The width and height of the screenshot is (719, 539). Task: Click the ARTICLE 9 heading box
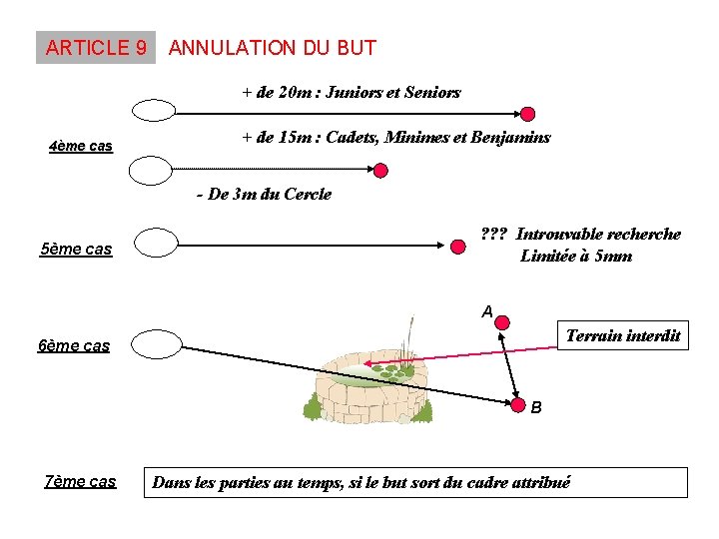click(x=96, y=48)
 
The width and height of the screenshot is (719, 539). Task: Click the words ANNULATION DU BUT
click(x=273, y=48)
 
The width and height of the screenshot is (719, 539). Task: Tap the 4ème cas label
click(x=80, y=147)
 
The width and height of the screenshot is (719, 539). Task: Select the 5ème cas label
click(x=76, y=249)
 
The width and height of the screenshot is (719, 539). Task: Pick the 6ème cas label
click(x=73, y=346)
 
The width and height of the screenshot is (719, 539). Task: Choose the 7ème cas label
click(x=80, y=482)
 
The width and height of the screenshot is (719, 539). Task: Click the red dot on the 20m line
click(x=528, y=113)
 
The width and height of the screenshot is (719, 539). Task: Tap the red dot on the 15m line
click(x=380, y=171)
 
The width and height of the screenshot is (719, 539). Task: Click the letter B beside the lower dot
click(x=537, y=407)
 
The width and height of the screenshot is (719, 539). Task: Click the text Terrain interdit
click(x=622, y=335)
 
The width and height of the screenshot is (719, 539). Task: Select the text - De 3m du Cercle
click(x=264, y=194)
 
